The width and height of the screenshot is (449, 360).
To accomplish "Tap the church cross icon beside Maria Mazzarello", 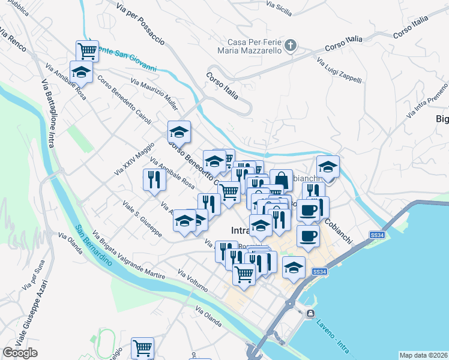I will click(291, 46).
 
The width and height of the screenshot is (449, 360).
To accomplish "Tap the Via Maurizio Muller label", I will click(154, 94).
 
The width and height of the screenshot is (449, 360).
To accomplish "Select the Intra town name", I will click(243, 230).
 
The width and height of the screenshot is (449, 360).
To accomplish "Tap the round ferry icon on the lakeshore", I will click(310, 314).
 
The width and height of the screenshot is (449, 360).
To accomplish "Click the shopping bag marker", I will click(282, 180).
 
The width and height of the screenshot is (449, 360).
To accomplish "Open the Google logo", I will click(20, 353).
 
